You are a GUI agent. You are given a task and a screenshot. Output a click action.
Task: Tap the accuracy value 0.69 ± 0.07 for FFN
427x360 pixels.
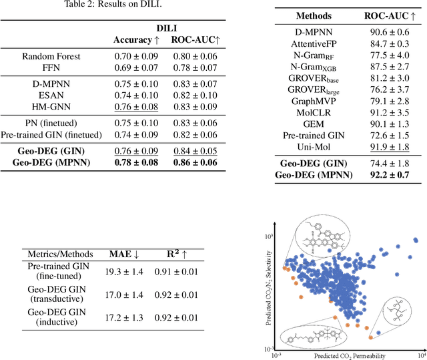(137, 68)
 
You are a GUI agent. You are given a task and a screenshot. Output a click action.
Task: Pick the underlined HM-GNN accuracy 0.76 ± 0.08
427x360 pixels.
(137, 107)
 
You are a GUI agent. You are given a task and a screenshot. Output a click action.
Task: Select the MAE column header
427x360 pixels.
(123, 254)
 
